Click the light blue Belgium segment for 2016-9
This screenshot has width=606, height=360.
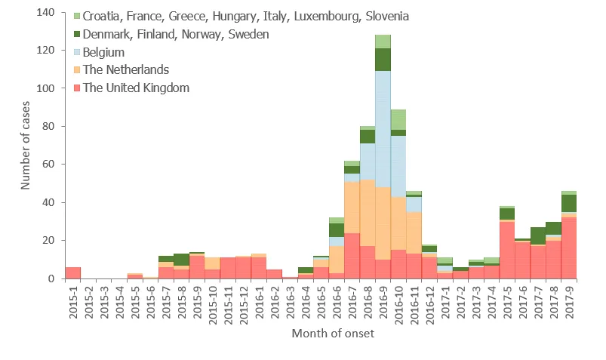[383, 129]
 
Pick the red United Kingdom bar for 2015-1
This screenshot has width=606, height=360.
[72, 272]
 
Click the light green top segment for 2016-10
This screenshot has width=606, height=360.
[398, 119]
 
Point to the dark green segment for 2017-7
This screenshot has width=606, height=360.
[538, 235]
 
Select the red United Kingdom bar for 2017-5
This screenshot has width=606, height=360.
[507, 250]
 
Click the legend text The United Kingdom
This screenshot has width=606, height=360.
[136, 88]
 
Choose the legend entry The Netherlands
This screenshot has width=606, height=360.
[126, 70]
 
